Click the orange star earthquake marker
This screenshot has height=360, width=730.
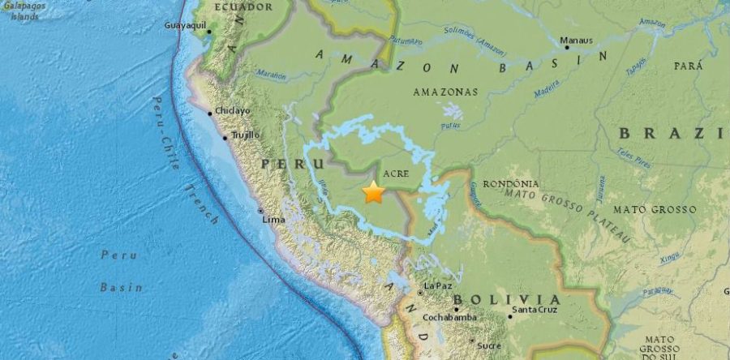[x=373, y=193]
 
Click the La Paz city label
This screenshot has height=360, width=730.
[x=438, y=285]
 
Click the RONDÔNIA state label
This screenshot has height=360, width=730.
[x=511, y=184]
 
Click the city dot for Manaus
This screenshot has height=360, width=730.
[x=566, y=47]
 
